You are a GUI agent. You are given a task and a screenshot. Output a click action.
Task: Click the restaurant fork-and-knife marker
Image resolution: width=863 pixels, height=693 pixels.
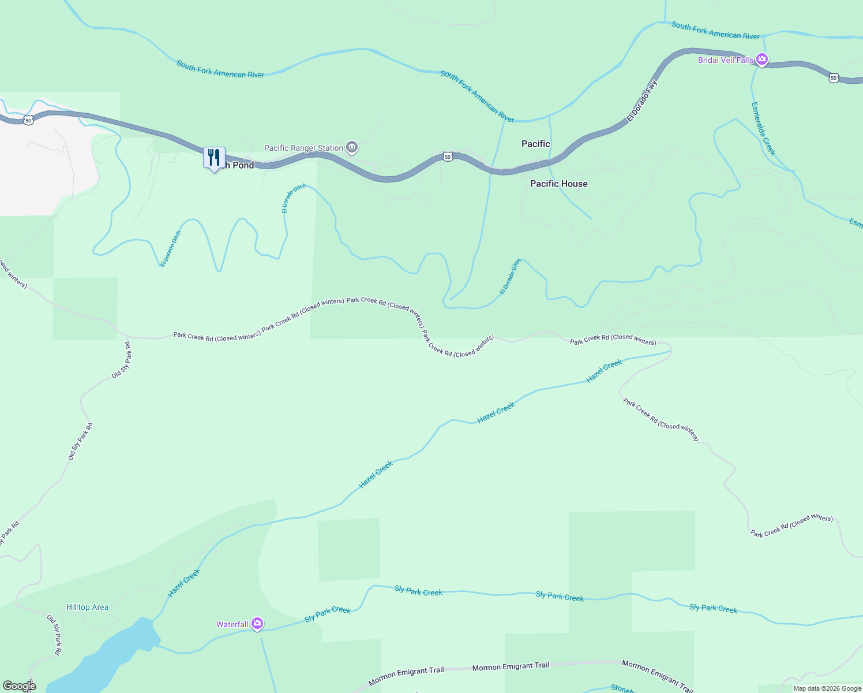pyautogui.click(x=214, y=158)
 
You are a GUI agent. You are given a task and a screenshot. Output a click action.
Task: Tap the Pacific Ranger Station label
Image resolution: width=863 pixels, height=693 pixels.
pyautogui.click(x=303, y=148)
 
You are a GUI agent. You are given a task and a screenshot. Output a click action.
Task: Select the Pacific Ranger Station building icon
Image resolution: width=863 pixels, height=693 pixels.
pyautogui.click(x=352, y=148)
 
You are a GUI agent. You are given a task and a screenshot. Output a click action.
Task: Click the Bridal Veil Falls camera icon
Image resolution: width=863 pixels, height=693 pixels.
pyautogui.click(x=762, y=59)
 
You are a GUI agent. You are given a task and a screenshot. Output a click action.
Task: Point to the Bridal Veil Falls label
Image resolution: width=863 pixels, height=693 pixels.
pyautogui.click(x=725, y=60)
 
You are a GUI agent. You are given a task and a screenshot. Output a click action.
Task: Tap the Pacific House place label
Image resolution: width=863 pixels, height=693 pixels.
pyautogui.click(x=558, y=184)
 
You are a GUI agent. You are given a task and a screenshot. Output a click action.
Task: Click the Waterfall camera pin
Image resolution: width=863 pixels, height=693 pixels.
pyautogui.click(x=257, y=624)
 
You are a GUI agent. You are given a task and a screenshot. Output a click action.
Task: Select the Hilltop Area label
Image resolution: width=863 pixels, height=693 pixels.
pyautogui.click(x=87, y=607)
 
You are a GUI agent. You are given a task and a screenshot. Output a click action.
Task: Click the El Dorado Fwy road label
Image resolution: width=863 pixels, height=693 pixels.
pyautogui.click(x=642, y=101)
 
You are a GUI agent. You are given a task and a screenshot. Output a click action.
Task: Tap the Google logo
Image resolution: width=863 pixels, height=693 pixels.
pyautogui.click(x=19, y=685)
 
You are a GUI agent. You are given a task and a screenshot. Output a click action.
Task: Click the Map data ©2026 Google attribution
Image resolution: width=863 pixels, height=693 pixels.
pyautogui.click(x=827, y=688)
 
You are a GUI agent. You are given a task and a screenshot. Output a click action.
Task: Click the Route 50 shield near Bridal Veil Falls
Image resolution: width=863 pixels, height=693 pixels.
pyautogui.click(x=833, y=77)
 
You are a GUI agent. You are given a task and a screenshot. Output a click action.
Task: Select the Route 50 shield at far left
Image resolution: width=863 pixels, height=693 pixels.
pyautogui.click(x=28, y=120)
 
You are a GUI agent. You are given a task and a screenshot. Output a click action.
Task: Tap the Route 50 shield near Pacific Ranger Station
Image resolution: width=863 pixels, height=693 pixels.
pyautogui.click(x=448, y=157)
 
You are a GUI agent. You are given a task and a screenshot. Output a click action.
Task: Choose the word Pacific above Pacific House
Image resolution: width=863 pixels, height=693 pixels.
pyautogui.click(x=535, y=144)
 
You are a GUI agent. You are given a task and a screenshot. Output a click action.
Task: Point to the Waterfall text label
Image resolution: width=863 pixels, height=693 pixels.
pyautogui.click(x=232, y=624)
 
